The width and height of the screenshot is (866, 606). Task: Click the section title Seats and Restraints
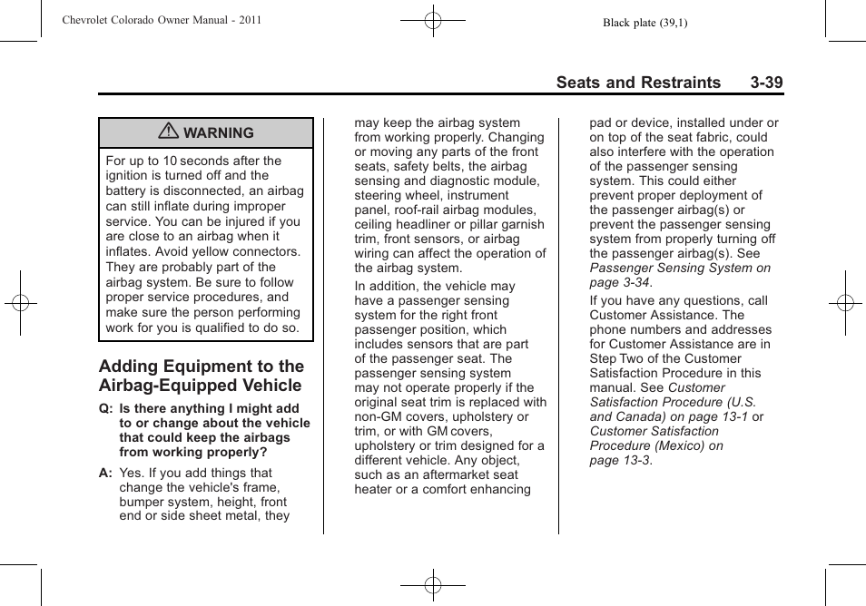(637, 83)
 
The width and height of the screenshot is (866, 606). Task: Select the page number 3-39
(766, 83)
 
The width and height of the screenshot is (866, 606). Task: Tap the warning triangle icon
(168, 132)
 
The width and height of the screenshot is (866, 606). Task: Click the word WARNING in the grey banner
(219, 133)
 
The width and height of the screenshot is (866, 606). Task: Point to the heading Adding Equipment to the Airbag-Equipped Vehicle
(201, 376)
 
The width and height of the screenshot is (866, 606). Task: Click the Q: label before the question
(106, 409)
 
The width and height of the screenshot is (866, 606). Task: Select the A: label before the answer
(106, 474)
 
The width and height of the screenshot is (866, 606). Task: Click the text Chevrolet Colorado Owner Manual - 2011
(162, 20)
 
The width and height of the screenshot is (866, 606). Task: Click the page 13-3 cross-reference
(620, 460)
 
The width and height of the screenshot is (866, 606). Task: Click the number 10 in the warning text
(170, 161)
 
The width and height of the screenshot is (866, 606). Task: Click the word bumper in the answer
(140, 503)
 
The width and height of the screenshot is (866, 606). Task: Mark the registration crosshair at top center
(433, 19)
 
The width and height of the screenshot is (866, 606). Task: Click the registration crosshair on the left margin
(20, 303)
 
